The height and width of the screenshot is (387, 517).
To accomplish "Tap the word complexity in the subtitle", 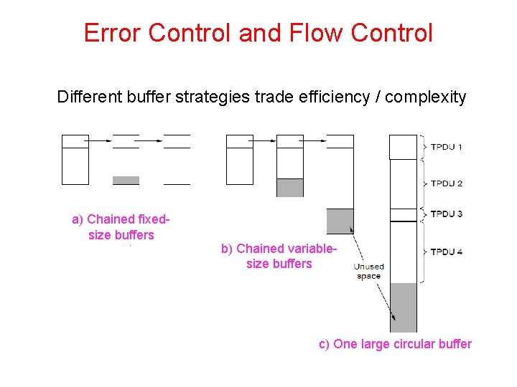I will click(x=426, y=96).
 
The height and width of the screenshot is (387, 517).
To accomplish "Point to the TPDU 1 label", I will click(x=446, y=147).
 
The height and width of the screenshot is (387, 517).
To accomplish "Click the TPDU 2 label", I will click(x=446, y=183).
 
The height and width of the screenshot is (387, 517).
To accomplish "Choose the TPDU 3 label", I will click(x=446, y=214).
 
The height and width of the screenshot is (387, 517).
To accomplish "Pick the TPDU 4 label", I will click(x=446, y=252).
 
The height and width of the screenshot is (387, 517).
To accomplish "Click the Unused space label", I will click(x=368, y=271).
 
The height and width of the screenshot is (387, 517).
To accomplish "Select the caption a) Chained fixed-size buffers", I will click(x=121, y=227).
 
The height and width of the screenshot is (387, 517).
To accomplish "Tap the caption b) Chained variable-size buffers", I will click(x=279, y=256).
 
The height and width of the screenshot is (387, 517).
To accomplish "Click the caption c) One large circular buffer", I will click(x=395, y=344).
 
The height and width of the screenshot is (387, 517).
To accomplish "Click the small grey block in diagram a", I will click(x=126, y=180).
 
